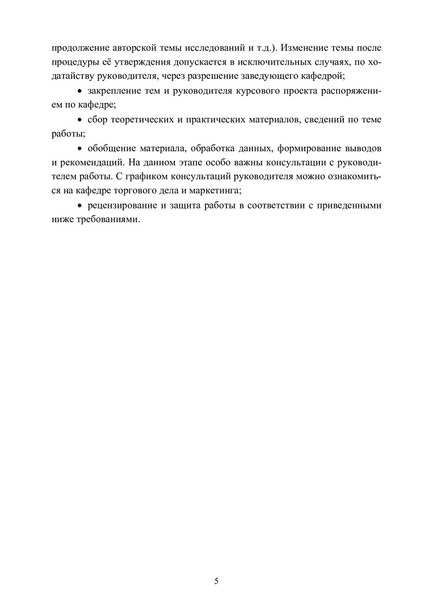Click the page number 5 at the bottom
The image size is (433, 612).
point(216,581)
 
